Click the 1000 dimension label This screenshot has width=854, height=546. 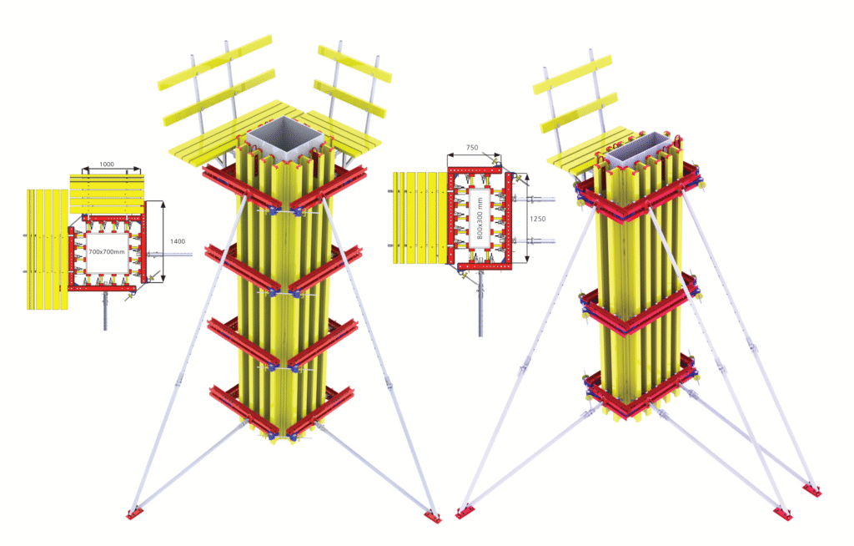(105, 164)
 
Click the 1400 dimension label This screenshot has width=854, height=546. (177, 241)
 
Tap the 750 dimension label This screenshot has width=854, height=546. (471, 148)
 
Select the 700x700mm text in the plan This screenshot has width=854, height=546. (108, 251)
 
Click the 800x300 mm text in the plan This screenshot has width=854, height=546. (481, 218)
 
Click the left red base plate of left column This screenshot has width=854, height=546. (133, 513)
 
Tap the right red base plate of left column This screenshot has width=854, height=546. (432, 516)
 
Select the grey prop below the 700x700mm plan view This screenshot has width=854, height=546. (105, 310)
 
